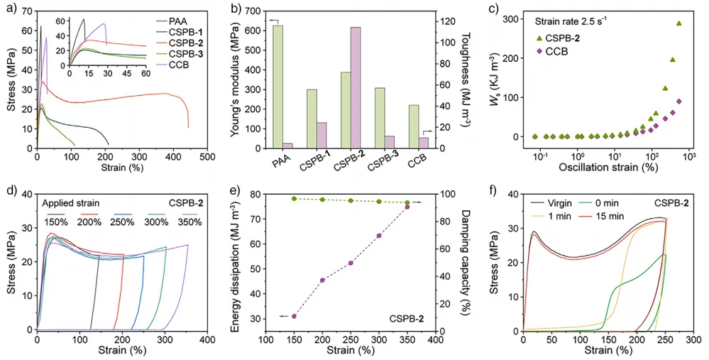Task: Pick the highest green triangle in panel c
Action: (679, 23)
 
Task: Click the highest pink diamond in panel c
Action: (679, 102)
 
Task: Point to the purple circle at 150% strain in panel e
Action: (294, 316)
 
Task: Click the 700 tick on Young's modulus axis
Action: (253, 11)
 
